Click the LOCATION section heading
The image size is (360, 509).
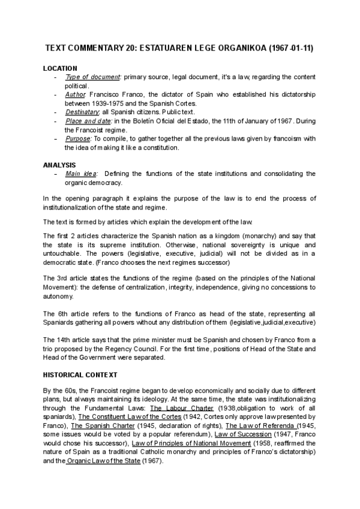60,69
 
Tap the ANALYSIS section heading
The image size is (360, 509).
59,165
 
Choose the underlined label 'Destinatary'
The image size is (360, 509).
82,112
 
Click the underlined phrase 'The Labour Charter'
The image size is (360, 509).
182,408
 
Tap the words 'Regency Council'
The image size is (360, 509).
154,350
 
